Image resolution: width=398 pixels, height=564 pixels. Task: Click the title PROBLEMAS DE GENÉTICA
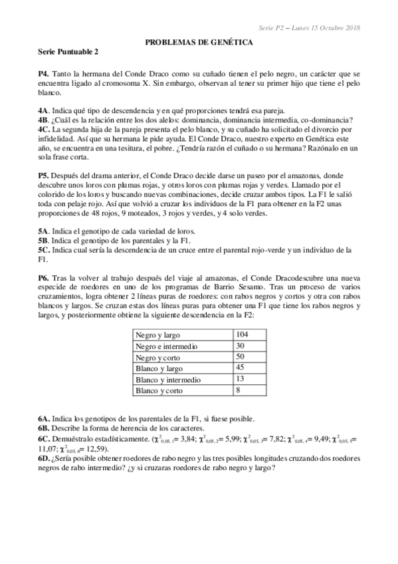point(199,41)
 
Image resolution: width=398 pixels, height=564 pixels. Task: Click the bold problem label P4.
point(43,71)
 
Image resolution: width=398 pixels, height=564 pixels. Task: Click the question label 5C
point(44,249)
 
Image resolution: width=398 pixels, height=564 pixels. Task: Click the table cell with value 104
point(243,334)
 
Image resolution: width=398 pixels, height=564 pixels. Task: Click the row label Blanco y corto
point(159,390)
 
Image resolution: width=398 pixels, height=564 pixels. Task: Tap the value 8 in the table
point(239,390)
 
